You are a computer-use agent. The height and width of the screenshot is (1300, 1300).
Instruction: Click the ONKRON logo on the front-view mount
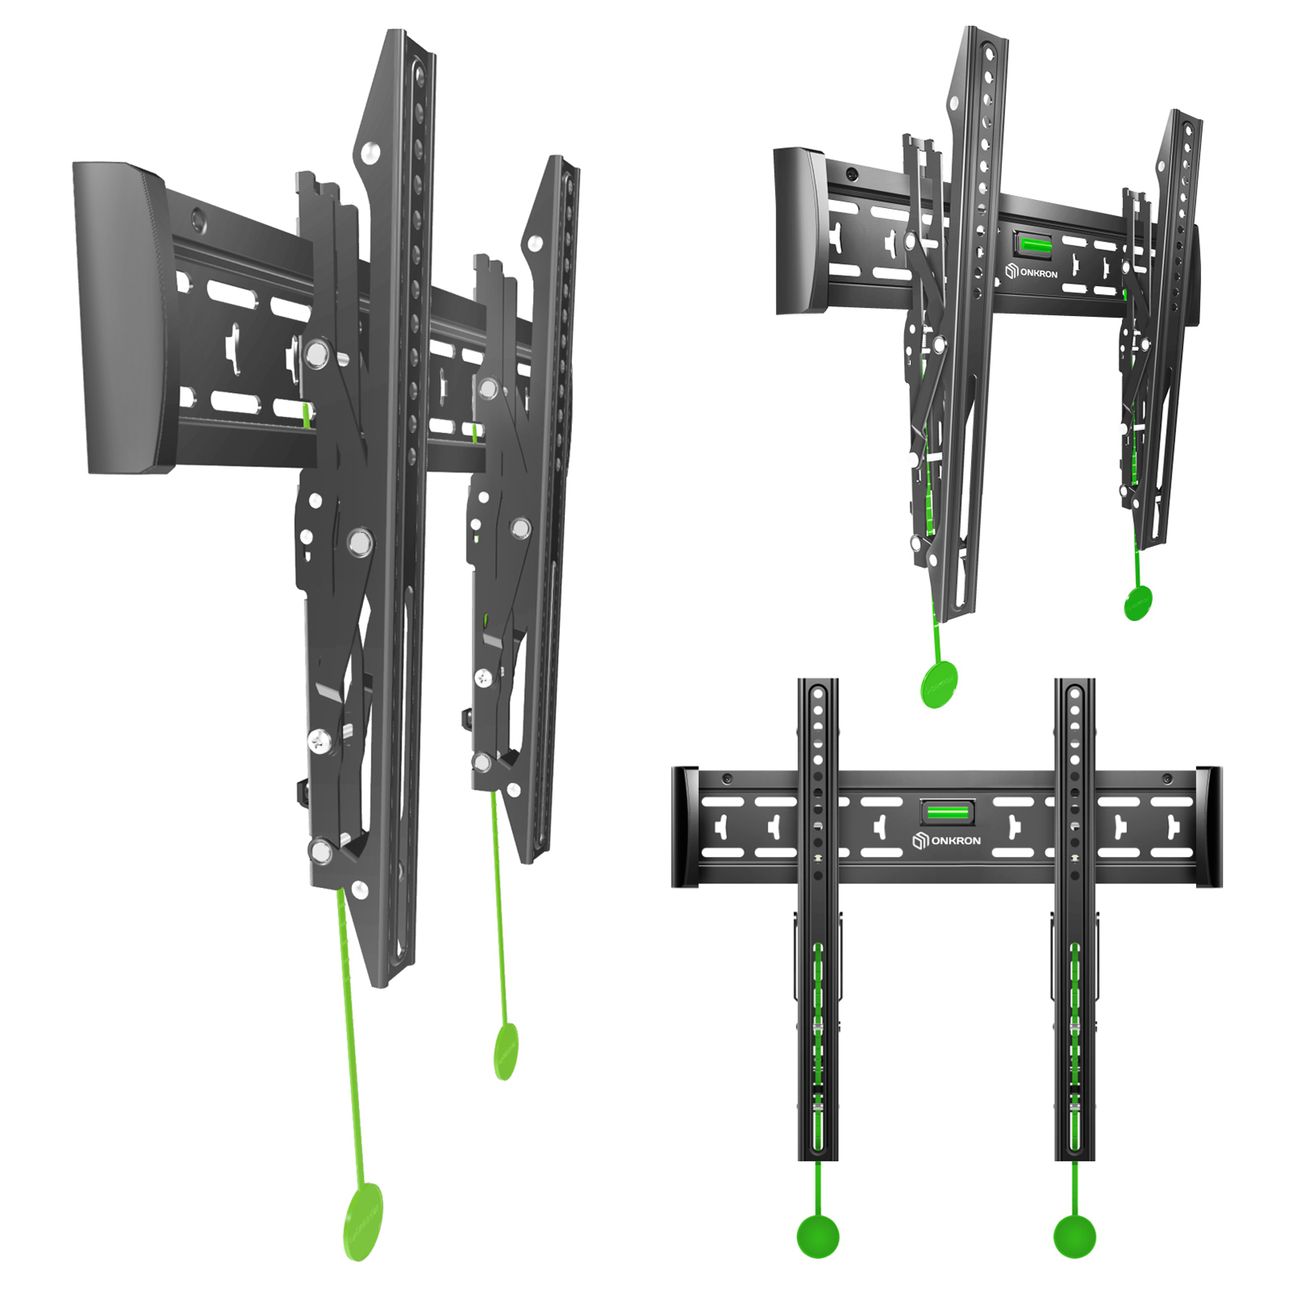coord(946,841)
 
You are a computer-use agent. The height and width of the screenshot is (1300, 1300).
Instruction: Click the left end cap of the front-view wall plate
coord(685,827)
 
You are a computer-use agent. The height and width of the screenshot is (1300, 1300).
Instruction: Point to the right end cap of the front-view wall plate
coord(1209,826)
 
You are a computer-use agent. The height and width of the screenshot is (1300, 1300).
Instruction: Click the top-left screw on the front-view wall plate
coord(727,779)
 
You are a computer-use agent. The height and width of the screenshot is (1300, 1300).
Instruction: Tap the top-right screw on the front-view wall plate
coord(1167,779)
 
